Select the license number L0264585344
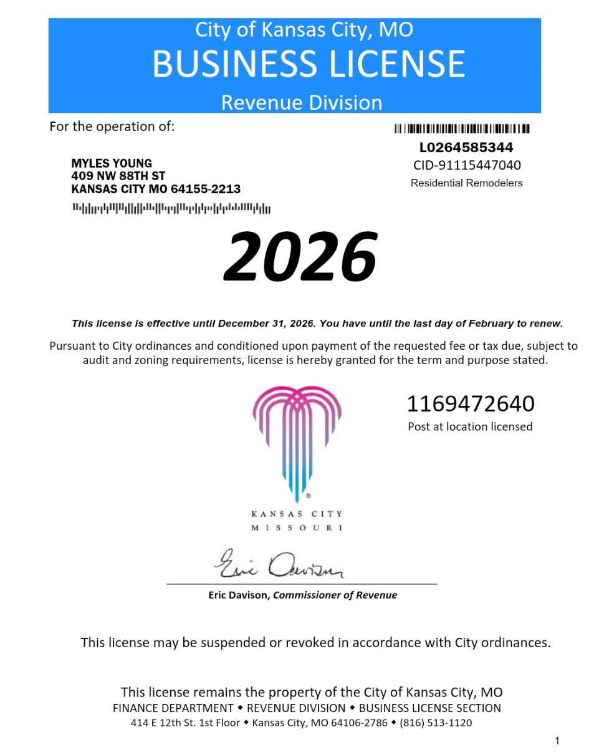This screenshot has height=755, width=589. pyautogui.click(x=466, y=148)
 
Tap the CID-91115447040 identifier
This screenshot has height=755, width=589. pyautogui.click(x=467, y=165)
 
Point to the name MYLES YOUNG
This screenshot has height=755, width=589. pyautogui.click(x=112, y=164)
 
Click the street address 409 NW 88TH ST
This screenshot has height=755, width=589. pyautogui.click(x=118, y=176)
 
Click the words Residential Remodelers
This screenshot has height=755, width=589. pyautogui.click(x=466, y=183)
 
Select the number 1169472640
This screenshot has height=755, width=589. pyautogui.click(x=471, y=404)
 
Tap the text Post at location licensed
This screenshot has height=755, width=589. pyautogui.click(x=470, y=427)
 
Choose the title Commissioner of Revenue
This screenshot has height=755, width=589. pyautogui.click(x=335, y=595)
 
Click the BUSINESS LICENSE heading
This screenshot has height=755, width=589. pyautogui.click(x=309, y=64)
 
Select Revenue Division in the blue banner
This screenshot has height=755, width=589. pyautogui.click(x=302, y=102)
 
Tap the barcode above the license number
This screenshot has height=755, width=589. pyautogui.click(x=462, y=129)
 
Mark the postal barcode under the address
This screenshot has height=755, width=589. pyautogui.click(x=171, y=208)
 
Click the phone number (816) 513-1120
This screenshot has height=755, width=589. pyautogui.click(x=436, y=723)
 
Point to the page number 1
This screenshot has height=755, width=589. pyautogui.click(x=557, y=741)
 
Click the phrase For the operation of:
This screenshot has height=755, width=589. pyautogui.click(x=112, y=127)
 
